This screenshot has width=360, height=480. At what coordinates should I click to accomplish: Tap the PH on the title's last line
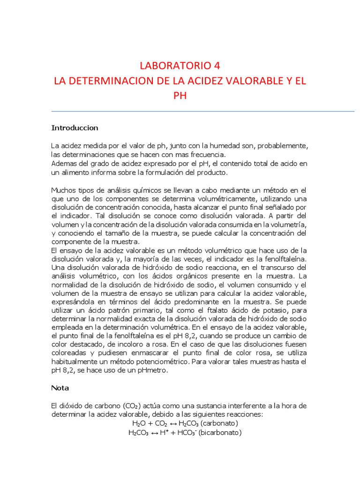click(180, 97)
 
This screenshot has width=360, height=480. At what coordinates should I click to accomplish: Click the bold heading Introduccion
click(75, 127)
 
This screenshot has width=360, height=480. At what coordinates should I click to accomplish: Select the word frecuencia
click(205, 154)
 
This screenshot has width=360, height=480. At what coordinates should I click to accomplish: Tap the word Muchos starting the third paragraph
click(63, 190)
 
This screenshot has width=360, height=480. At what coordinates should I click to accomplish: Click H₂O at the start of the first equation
click(139, 423)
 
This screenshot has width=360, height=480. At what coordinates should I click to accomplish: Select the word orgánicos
click(173, 276)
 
